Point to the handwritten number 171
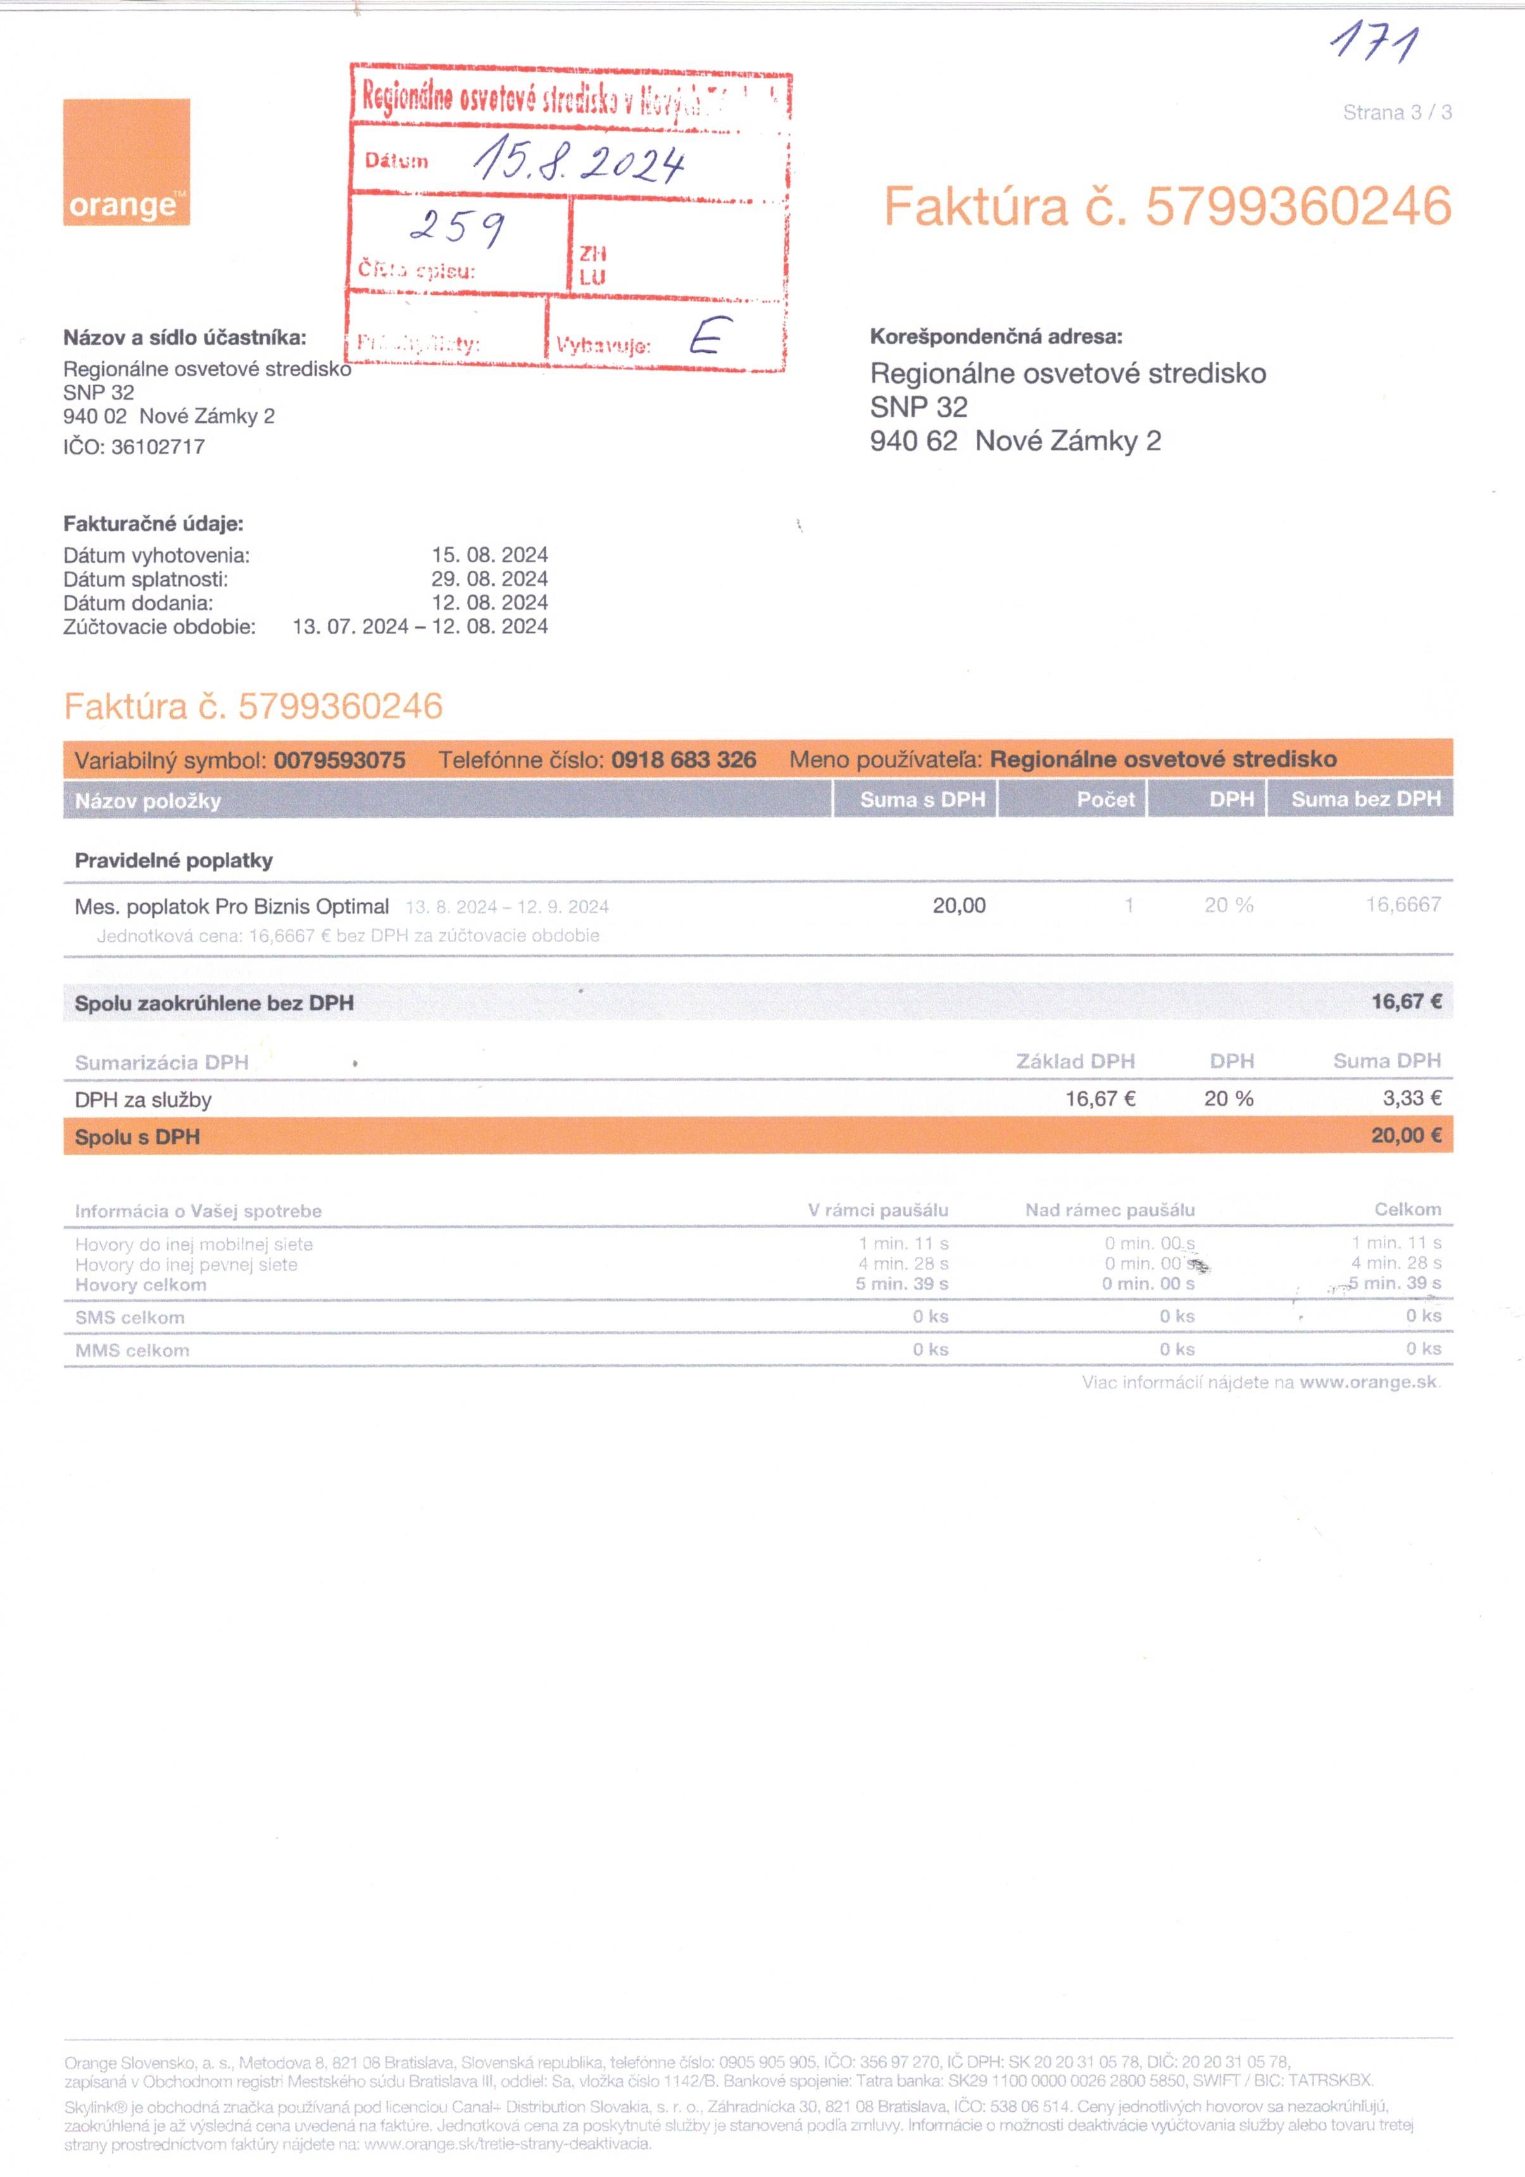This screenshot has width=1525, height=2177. pyautogui.click(x=1374, y=44)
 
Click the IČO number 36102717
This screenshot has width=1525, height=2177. pyautogui.click(x=158, y=447)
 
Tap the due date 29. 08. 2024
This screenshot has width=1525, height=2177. pyautogui.click(x=489, y=578)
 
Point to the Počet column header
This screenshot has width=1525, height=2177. pyautogui.click(x=1105, y=799)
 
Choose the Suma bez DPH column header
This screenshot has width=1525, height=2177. pyautogui.click(x=1365, y=799)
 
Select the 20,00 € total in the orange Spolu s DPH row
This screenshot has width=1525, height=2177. pyautogui.click(x=1405, y=1136)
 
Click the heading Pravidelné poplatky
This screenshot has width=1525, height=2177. pyautogui.click(x=173, y=861)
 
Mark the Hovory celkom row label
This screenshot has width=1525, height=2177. pyautogui.click(x=141, y=1285)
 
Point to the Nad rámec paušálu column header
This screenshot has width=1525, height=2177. pyautogui.click(x=1109, y=1210)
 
